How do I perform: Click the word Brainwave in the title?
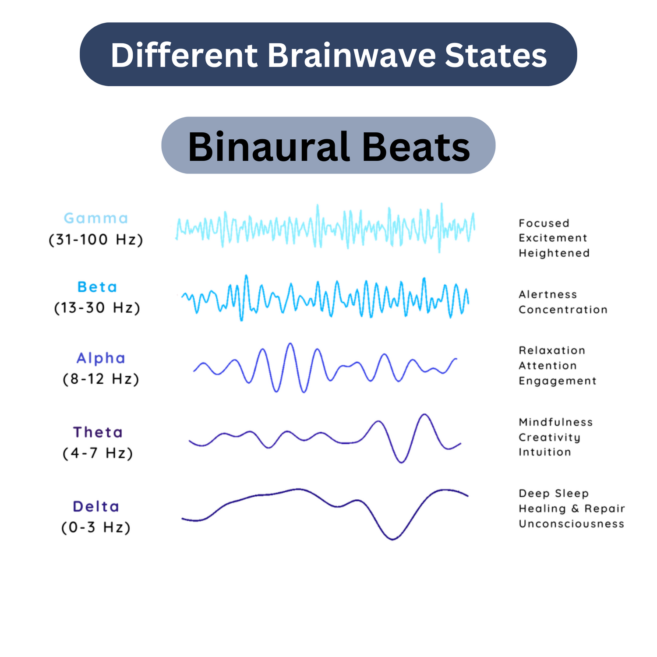coord(352,55)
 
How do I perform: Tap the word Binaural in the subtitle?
coord(268,147)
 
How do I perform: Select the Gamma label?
coord(96,218)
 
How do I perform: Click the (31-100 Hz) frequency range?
coord(96,240)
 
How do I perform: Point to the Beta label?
coord(97,287)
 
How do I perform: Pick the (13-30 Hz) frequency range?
coord(97,307)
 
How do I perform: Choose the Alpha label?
coord(101,358)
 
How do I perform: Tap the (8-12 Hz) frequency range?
coord(101,379)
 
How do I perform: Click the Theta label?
coord(98,432)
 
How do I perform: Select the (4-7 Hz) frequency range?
coord(98,453)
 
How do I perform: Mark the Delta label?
coord(96,506)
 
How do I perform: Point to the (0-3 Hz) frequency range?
coord(96,527)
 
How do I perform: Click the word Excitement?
coord(553,238)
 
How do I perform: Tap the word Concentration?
coord(563,310)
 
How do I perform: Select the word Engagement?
coord(558,381)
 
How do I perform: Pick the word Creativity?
coord(550,438)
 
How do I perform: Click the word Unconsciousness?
coord(572,524)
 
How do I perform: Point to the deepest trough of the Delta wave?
coord(392,539)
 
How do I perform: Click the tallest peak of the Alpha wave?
coord(290,344)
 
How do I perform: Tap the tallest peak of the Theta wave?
coord(424,414)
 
